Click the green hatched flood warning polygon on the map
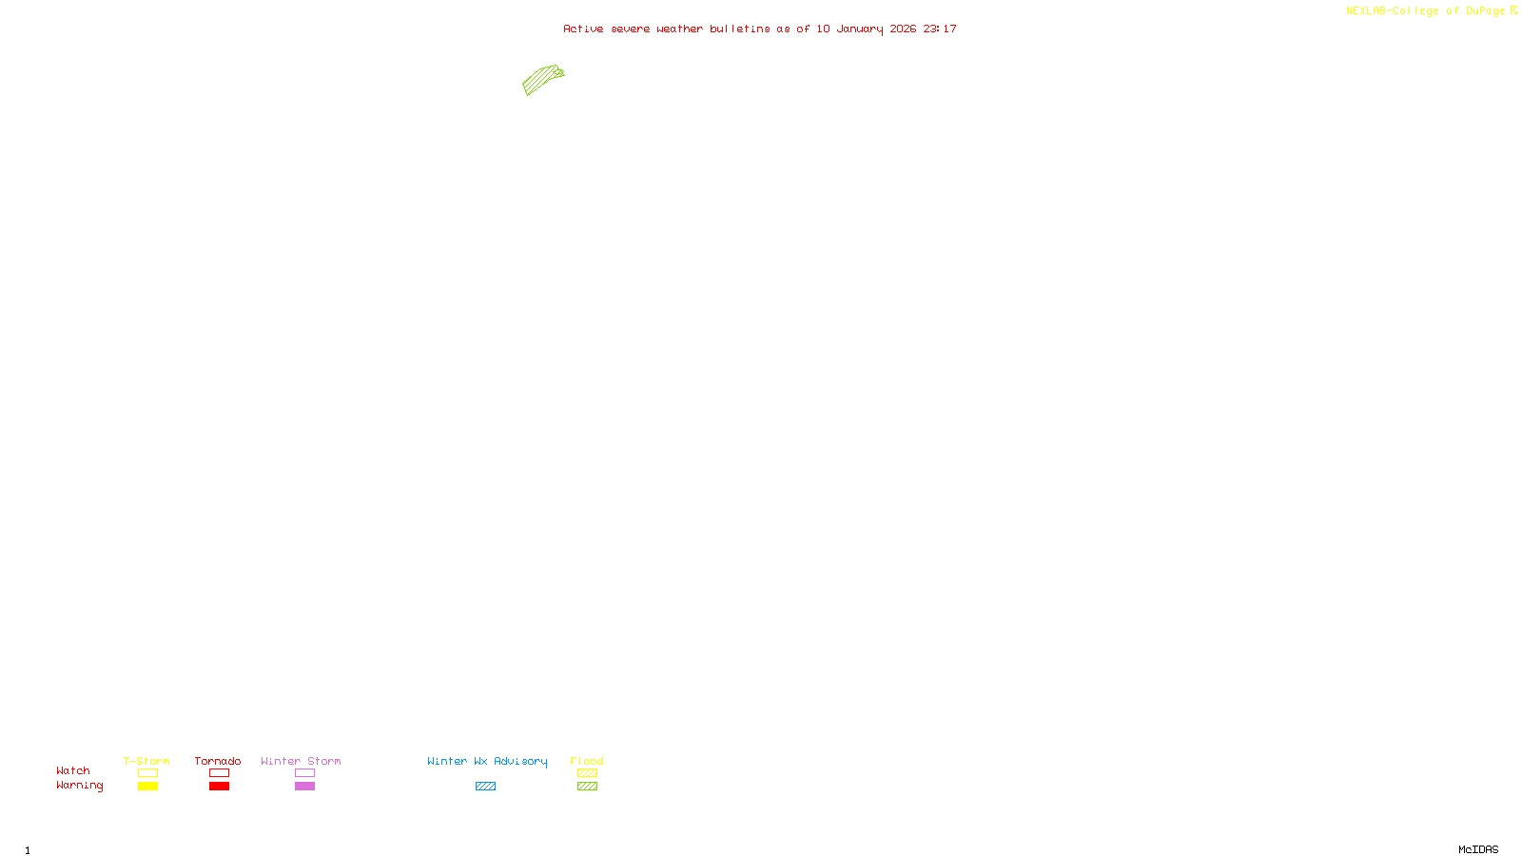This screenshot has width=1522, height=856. coord(542,79)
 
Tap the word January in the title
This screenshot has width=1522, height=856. coord(859,29)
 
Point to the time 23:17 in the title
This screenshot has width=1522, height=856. coord(940,29)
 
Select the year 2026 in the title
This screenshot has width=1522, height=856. coord(903,29)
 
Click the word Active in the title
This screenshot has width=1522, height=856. coord(583,29)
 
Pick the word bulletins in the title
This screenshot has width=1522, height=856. coord(740,29)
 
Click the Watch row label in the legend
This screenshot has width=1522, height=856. coord(73,771)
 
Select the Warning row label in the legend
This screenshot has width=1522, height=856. coord(80,786)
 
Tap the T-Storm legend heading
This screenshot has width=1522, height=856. coord(146,761)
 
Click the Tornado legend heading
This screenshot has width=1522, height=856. coord(218,761)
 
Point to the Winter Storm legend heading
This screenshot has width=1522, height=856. coord(301,761)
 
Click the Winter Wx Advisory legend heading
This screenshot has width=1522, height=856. coord(487,761)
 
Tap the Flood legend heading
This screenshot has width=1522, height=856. coord(587,761)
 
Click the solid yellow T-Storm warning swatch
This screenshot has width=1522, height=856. coord(147,787)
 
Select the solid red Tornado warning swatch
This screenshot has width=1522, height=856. coord(219,787)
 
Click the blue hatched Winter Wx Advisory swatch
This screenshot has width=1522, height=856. coord(485,787)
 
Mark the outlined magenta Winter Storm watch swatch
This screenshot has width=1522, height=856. coord(304,773)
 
